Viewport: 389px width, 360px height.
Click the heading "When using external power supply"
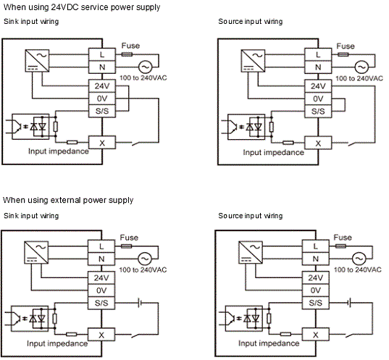(68, 200)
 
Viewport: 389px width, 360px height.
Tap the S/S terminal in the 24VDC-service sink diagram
(102, 111)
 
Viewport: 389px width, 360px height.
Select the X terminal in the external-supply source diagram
(316, 335)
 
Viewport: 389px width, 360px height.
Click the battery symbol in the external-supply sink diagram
(140, 303)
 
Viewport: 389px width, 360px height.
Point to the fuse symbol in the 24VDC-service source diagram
(343, 54)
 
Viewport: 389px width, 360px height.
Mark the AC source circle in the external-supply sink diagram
(144, 259)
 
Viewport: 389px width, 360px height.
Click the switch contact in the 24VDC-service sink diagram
(136, 143)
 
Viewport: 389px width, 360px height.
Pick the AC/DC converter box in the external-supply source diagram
(251, 252)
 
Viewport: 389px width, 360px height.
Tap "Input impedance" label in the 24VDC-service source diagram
(273, 152)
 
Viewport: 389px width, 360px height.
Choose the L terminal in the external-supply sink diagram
(101, 246)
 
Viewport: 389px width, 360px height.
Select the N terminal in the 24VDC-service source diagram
(318, 67)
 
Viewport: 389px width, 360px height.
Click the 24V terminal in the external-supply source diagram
(316, 277)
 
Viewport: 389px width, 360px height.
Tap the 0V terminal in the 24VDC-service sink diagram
(102, 99)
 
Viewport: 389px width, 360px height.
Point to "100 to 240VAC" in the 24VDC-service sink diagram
(143, 78)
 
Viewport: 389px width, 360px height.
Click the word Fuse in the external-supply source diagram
(343, 238)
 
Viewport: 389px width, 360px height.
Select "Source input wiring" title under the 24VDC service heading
(251, 22)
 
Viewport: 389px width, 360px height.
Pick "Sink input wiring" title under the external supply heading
(31, 216)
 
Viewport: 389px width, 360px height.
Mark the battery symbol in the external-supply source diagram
(349, 303)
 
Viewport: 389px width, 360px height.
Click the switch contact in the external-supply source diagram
(350, 335)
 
